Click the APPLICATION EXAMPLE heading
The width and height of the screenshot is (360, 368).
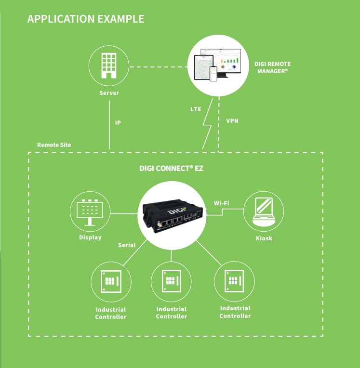coord(85,19)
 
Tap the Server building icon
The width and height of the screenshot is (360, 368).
coord(109,66)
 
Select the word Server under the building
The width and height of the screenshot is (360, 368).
coord(109,93)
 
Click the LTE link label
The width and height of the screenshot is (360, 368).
coord(196,109)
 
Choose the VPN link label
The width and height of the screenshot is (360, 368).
coord(232,121)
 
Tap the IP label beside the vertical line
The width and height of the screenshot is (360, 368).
coord(118,123)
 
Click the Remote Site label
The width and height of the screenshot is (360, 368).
coord(54,145)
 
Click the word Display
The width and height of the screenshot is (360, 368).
coord(90,237)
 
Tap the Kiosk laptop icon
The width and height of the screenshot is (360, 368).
coord(264,212)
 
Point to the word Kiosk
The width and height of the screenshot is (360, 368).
coord(264,238)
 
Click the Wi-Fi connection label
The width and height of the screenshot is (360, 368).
coord(221,203)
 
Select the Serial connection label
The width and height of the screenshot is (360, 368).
coord(127,245)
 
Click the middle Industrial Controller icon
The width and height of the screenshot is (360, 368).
coord(171,281)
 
